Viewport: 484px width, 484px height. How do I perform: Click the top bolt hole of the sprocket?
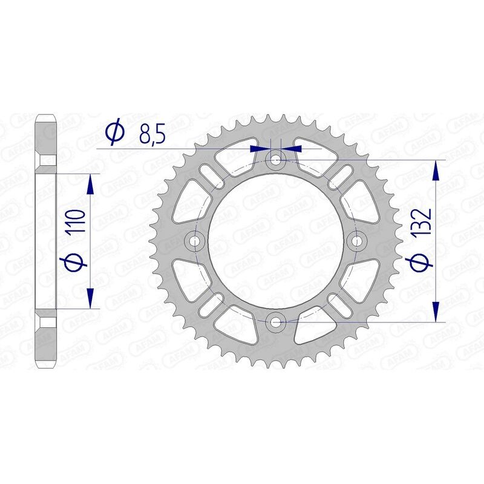[276, 160]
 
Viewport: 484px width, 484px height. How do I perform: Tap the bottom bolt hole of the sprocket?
[276, 322]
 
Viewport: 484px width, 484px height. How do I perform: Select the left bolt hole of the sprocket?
[195, 241]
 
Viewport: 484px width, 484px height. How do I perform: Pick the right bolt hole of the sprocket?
[357, 241]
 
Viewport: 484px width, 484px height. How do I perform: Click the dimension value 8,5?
[152, 133]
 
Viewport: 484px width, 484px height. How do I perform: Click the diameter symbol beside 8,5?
[114, 132]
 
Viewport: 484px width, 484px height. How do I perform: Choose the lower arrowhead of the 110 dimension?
[90, 299]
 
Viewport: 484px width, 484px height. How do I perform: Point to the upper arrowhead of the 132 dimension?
[436, 171]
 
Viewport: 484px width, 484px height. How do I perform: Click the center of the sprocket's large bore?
[276, 241]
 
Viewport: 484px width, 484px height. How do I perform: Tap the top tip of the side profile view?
[47, 116]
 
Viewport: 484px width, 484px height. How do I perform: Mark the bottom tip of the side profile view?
[47, 366]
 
